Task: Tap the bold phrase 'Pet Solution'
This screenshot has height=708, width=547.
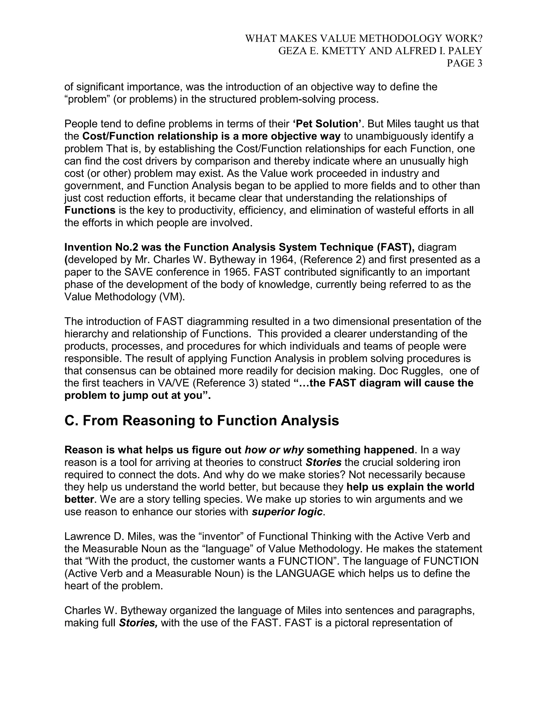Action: [x=328, y=124]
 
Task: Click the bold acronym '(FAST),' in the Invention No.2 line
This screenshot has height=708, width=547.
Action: [x=395, y=247]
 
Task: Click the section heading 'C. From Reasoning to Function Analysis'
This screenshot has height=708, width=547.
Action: [x=202, y=421]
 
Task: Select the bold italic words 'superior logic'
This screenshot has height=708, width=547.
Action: [x=287, y=512]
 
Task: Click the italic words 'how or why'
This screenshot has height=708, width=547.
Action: [x=274, y=450]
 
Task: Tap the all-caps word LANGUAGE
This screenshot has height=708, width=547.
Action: [x=305, y=573]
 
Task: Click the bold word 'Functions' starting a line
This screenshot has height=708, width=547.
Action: [x=90, y=210]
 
